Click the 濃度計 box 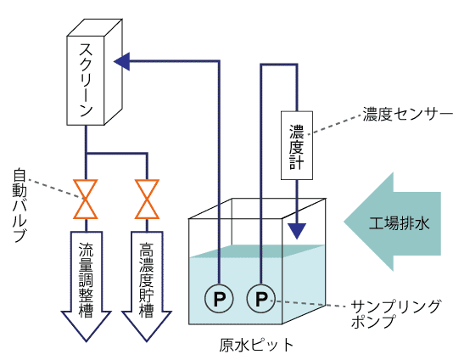pos(297,145)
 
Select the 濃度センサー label pos(408,115)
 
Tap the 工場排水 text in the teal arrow pos(399,222)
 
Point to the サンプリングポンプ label pos(395,314)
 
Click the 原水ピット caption pos(256,345)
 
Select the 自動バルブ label pos(20,205)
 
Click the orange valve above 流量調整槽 pos(86,199)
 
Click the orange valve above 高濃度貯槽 pos(147,199)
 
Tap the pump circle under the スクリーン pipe pos(219,299)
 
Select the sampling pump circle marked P pos(261,299)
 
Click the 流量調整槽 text pos(86,280)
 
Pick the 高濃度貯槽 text pos(147,280)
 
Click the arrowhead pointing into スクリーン pos(122,62)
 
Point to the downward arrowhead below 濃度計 pos(297,231)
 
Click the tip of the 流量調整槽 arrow pos(87,341)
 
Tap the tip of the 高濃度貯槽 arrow pos(147,341)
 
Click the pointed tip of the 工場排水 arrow pos(344,222)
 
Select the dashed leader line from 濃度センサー pos(335,125)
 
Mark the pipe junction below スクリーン pos(87,154)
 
